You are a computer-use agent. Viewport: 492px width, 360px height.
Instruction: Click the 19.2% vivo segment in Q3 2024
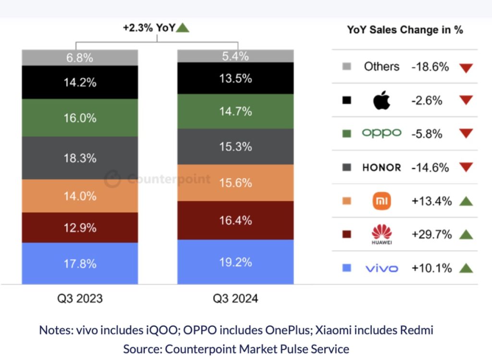tap(235, 262)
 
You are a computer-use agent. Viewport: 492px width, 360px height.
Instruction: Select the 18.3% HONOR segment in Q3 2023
tap(80, 158)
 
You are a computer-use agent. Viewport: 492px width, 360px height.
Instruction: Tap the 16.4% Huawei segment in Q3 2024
tap(235, 220)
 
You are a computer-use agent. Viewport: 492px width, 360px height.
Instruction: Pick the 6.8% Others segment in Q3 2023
tap(80, 58)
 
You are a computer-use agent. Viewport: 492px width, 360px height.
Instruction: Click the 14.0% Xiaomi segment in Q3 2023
tap(80, 196)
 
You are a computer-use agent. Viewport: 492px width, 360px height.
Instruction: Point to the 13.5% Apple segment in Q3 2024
tap(235, 78)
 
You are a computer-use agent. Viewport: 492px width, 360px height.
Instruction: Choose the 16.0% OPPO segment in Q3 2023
tap(80, 118)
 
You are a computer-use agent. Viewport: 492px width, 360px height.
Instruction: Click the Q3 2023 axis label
tap(80, 298)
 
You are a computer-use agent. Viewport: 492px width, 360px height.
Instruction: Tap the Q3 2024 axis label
tap(235, 298)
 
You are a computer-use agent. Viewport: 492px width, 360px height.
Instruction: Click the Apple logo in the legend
tap(381, 100)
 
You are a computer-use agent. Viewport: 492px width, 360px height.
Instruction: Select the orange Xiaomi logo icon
tap(381, 201)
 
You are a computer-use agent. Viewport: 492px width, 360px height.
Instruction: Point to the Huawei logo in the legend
tap(381, 235)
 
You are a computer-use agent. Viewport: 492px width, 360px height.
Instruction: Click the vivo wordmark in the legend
tap(381, 268)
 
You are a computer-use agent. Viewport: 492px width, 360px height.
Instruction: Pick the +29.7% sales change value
tap(431, 235)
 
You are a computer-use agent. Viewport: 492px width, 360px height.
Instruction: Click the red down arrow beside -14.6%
tap(466, 168)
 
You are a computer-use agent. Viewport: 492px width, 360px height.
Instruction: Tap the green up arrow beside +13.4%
tap(466, 201)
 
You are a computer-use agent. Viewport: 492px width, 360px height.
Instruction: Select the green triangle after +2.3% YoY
tap(183, 28)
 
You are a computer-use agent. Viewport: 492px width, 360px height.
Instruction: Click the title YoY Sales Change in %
tap(405, 30)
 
